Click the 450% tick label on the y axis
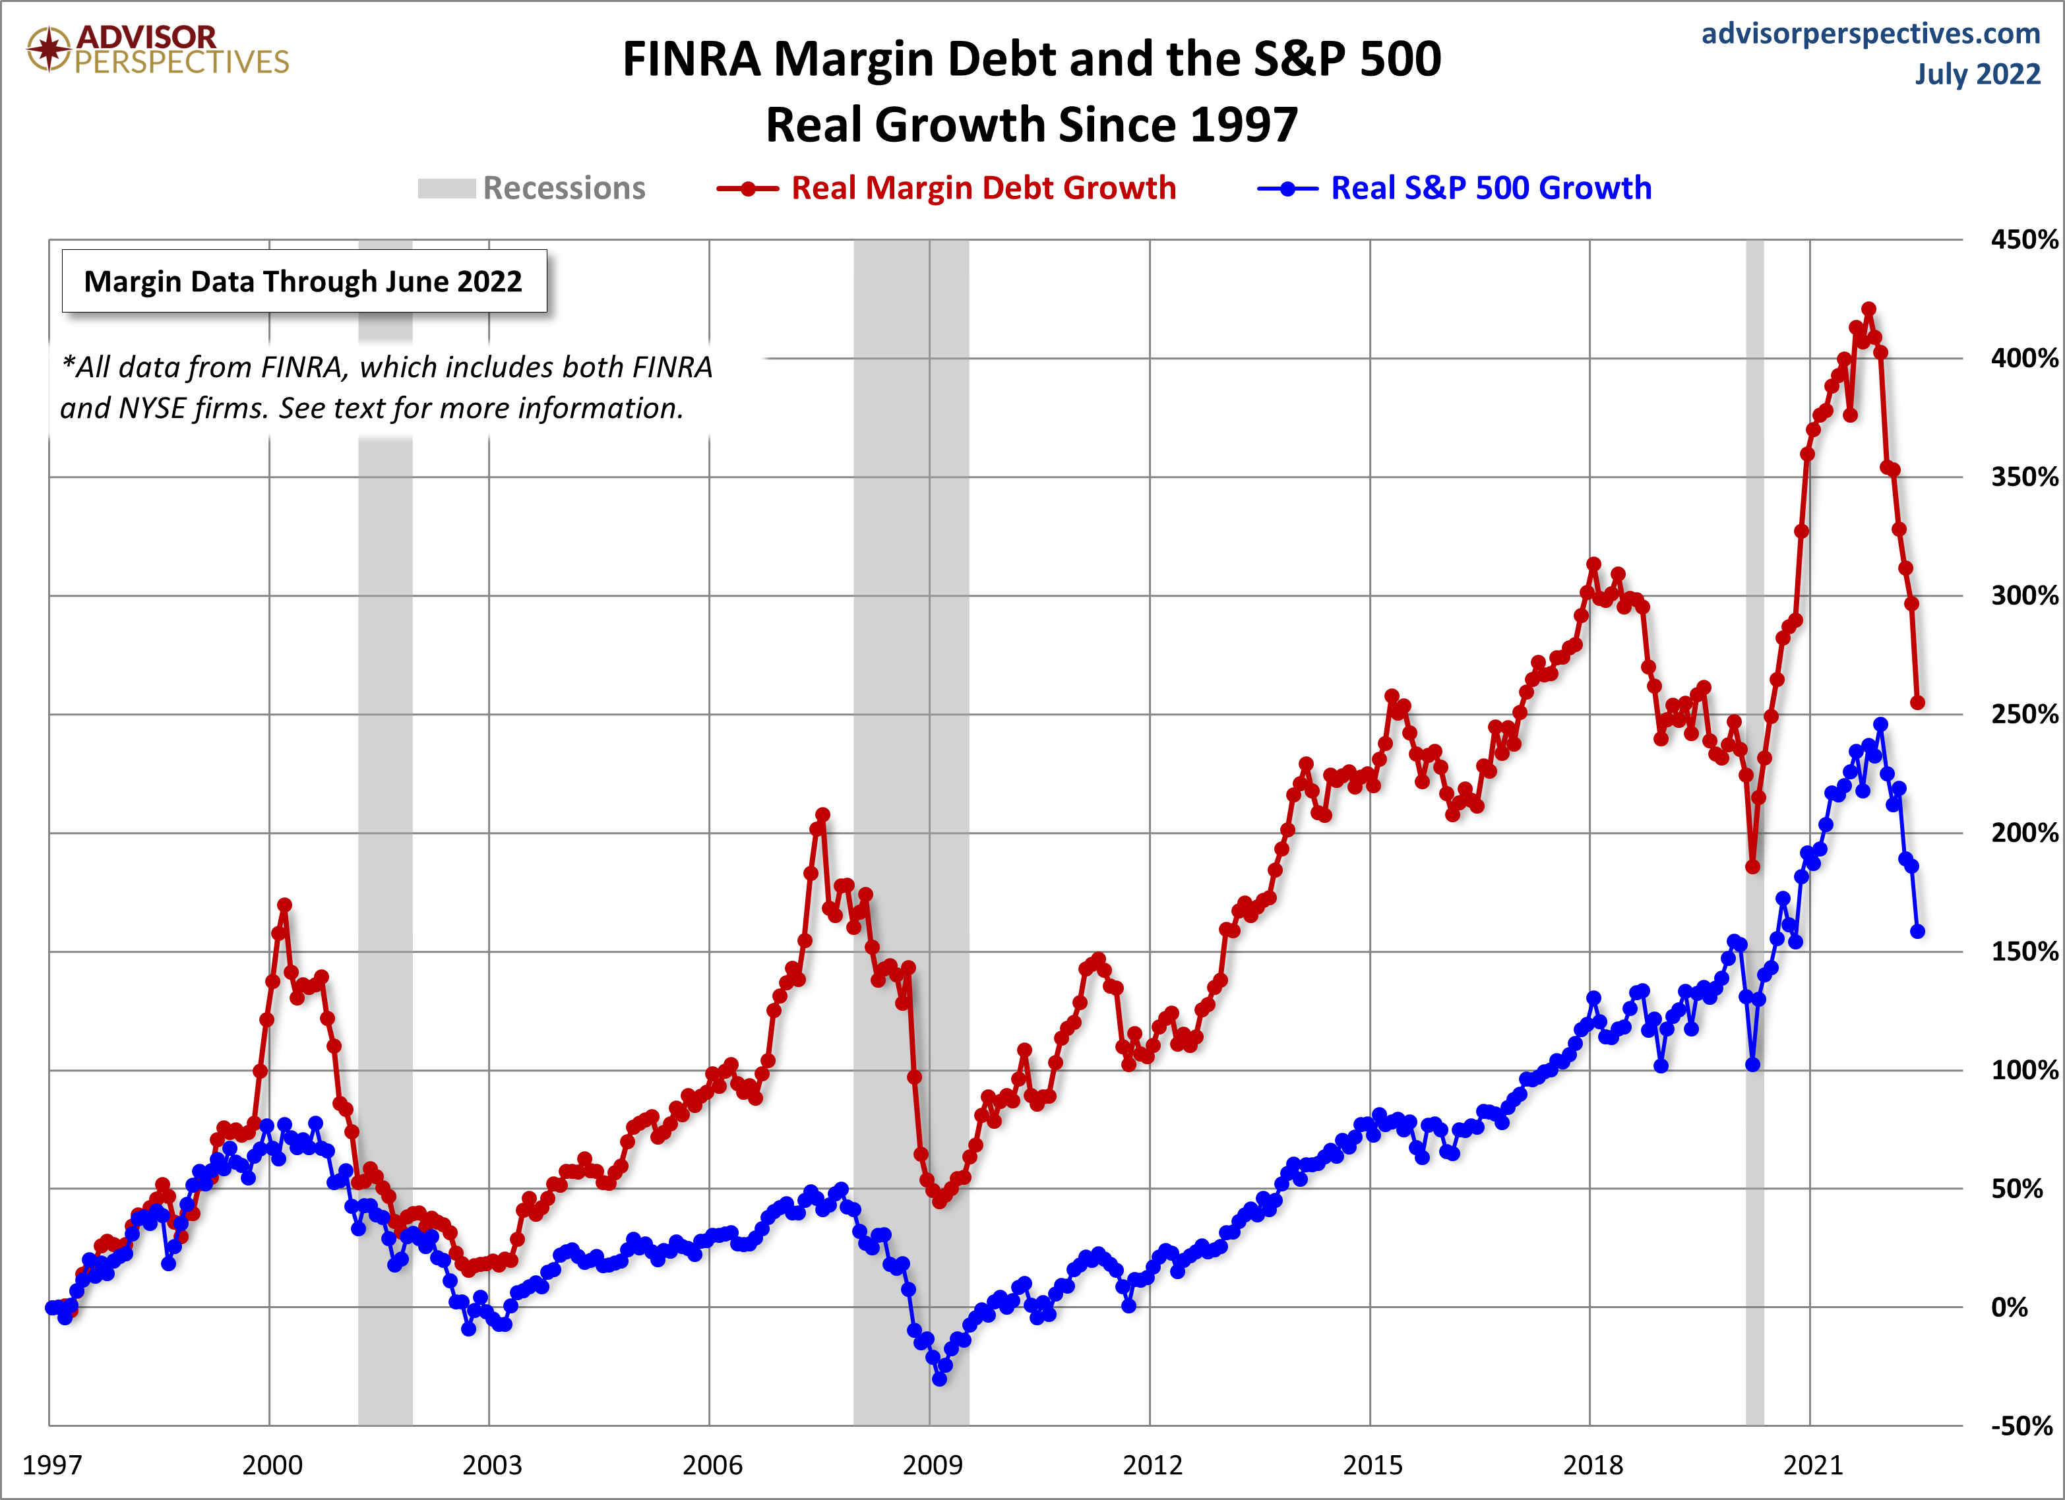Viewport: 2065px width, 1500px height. click(2023, 239)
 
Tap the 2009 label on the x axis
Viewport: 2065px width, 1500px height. click(931, 1464)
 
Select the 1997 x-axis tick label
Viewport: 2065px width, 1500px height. click(52, 1464)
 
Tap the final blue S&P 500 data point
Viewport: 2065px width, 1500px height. click(1917, 931)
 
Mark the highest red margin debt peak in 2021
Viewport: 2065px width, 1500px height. click(1868, 309)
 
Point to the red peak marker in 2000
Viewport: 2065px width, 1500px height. click(284, 905)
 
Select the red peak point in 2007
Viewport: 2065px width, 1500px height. click(822, 815)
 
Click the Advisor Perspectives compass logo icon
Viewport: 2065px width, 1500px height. click(48, 48)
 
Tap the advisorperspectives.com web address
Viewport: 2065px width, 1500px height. click(1870, 34)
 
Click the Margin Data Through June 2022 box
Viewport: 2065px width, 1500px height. click(303, 282)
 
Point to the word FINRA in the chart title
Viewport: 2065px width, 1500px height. click(691, 59)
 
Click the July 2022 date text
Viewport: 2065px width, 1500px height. click(1977, 74)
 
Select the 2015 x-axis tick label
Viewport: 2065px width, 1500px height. click(1372, 1464)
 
